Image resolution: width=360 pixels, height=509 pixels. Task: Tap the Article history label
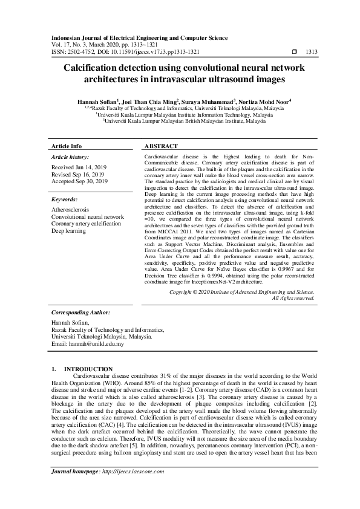pyautogui.click(x=70, y=156)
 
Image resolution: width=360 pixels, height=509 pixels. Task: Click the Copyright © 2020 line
pyautogui.click(x=241, y=291)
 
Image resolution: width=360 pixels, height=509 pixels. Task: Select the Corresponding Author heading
pyautogui.click(x=81, y=313)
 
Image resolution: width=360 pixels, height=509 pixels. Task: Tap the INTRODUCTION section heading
pyautogui.click(x=88, y=369)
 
